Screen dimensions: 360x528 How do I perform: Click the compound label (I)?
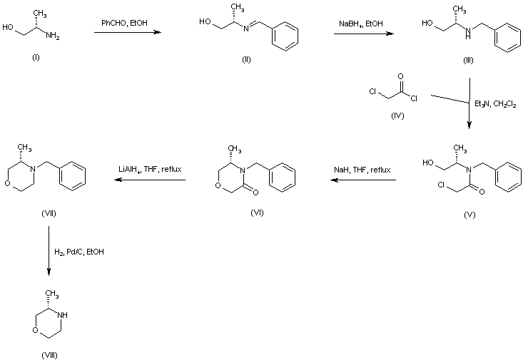point(36,57)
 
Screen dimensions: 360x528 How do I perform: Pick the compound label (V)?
point(469,213)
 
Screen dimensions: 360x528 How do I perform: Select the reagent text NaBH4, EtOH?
point(361,24)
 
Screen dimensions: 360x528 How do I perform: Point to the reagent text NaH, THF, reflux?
point(362,170)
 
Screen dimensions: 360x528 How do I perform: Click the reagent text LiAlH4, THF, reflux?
point(151,170)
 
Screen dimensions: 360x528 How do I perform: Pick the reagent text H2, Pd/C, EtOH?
point(79,251)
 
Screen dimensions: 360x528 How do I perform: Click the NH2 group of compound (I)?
point(54,38)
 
